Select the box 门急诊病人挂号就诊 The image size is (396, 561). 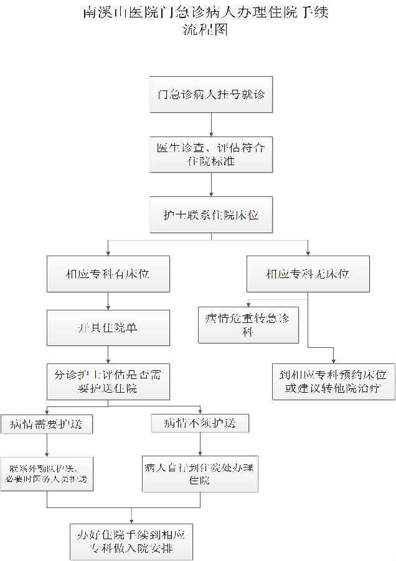(x=211, y=95)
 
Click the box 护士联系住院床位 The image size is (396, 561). (x=211, y=215)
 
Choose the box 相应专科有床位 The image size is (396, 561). (x=108, y=274)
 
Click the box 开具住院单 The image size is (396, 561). (x=108, y=328)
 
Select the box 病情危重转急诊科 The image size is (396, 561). (x=244, y=325)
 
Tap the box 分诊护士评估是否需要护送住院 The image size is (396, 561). (x=108, y=381)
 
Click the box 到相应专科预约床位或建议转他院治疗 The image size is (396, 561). (x=334, y=381)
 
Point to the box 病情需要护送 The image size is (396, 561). (x=47, y=424)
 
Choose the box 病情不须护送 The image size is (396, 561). (x=200, y=423)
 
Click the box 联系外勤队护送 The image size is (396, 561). (x=47, y=474)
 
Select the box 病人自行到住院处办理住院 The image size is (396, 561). (x=200, y=474)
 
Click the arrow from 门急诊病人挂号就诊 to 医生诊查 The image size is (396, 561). (x=211, y=124)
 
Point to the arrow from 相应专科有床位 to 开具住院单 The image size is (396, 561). (x=108, y=301)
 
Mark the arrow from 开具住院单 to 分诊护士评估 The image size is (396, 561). (x=108, y=355)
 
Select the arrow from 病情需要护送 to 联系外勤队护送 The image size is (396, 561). (x=47, y=445)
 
